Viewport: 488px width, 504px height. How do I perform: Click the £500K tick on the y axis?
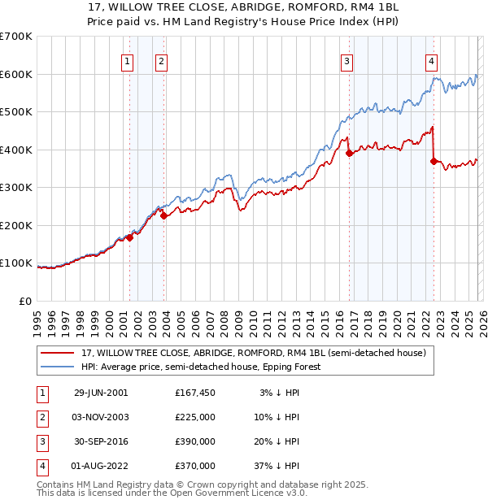click(16, 112)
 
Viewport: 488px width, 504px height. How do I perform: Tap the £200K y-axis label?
click(16, 225)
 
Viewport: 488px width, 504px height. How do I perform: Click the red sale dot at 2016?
click(349, 153)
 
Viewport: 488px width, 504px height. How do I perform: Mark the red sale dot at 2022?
click(434, 161)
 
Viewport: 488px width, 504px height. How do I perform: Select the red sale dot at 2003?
click(163, 215)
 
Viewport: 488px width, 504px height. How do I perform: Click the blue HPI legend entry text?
click(201, 367)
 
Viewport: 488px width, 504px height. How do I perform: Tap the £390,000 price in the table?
click(195, 441)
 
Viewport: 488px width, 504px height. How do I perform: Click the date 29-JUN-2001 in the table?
click(101, 393)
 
